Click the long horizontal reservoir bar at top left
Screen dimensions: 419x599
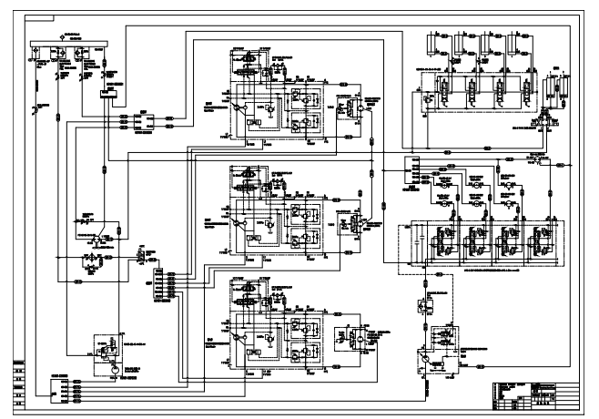coord(68,43)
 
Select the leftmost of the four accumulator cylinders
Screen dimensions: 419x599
coord(442,43)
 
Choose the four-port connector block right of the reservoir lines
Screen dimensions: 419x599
coord(147,119)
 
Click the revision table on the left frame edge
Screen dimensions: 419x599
coord(18,378)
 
